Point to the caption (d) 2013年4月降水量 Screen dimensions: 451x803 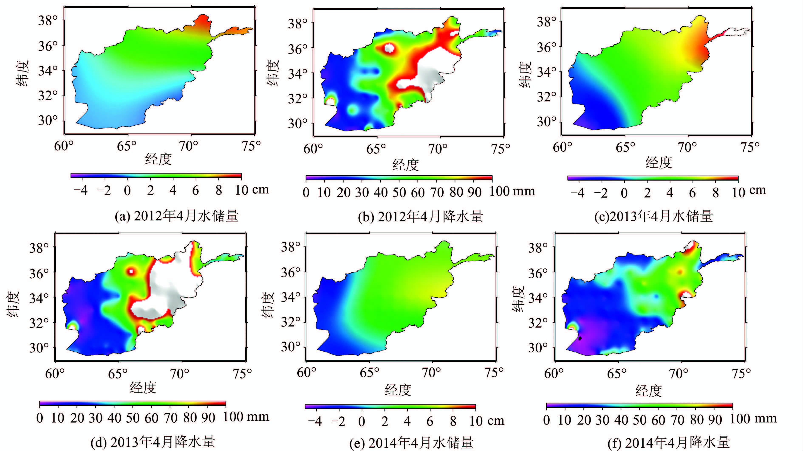(x=153, y=442)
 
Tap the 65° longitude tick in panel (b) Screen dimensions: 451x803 (x=376, y=149)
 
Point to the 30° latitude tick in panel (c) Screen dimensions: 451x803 (x=546, y=122)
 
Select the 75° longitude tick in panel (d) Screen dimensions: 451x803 (x=242, y=374)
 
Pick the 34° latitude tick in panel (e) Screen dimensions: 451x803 (x=291, y=298)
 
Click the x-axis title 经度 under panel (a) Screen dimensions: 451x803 (x=158, y=159)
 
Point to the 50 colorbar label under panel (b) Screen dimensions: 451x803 (x=399, y=193)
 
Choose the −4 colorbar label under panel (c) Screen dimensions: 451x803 (x=577, y=193)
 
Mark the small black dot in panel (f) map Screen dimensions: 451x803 (x=580, y=338)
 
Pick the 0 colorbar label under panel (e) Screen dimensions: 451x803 (x=361, y=421)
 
